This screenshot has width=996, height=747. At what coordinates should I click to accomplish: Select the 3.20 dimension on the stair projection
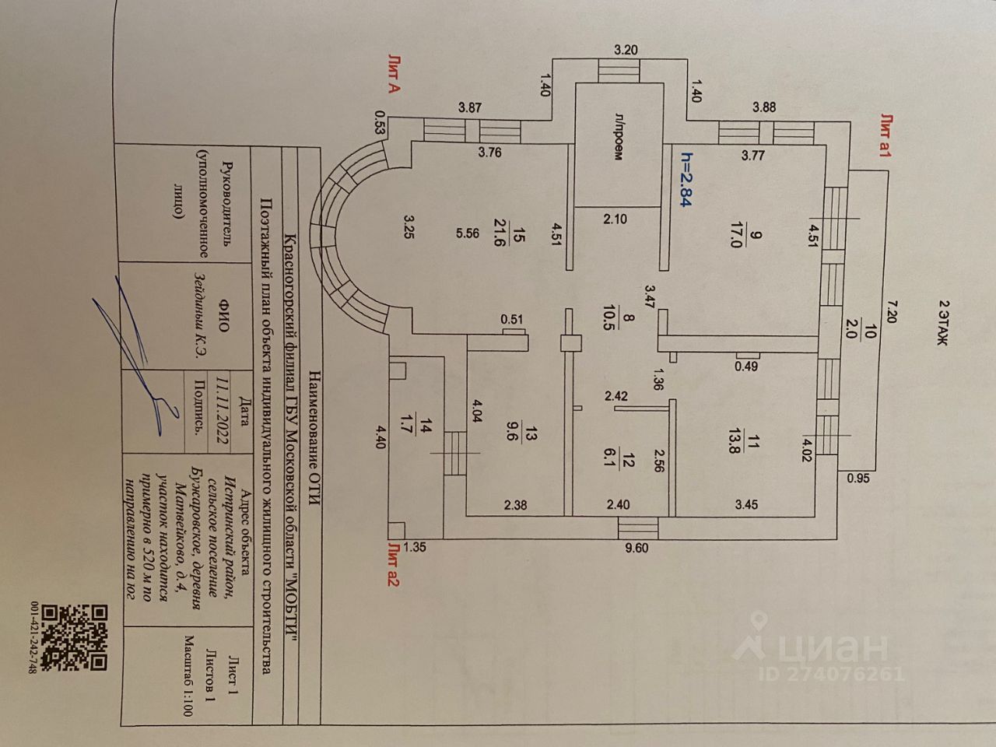pos(626,51)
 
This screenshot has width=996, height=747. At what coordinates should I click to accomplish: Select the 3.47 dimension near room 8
pos(650,298)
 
